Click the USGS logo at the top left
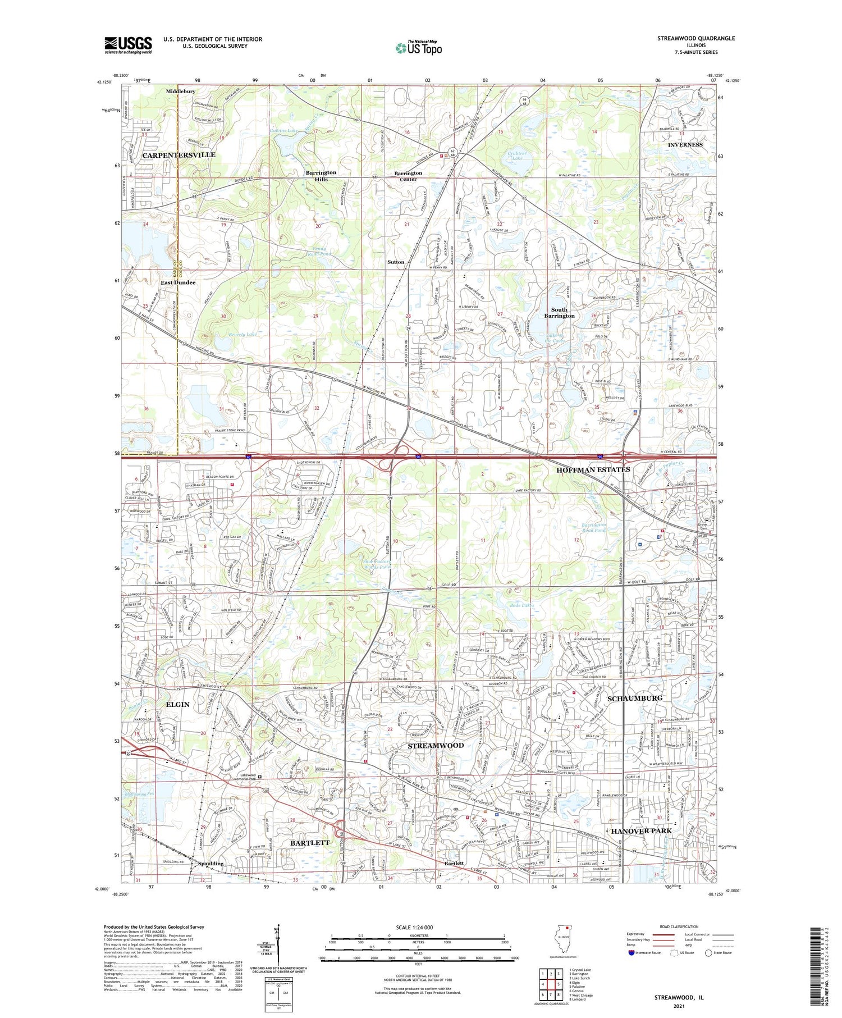(128, 45)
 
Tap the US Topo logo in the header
(418, 48)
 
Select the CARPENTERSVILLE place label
(179, 155)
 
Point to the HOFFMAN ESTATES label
(593, 469)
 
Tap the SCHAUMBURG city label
(635, 698)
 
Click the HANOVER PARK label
(641, 830)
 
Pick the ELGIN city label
(177, 704)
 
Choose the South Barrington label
(559, 313)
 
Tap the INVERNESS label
(685, 145)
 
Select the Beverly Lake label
(242, 335)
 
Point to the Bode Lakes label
(521, 605)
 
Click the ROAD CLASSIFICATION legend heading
(679, 926)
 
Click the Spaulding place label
(210, 864)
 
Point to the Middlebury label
(180, 92)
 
